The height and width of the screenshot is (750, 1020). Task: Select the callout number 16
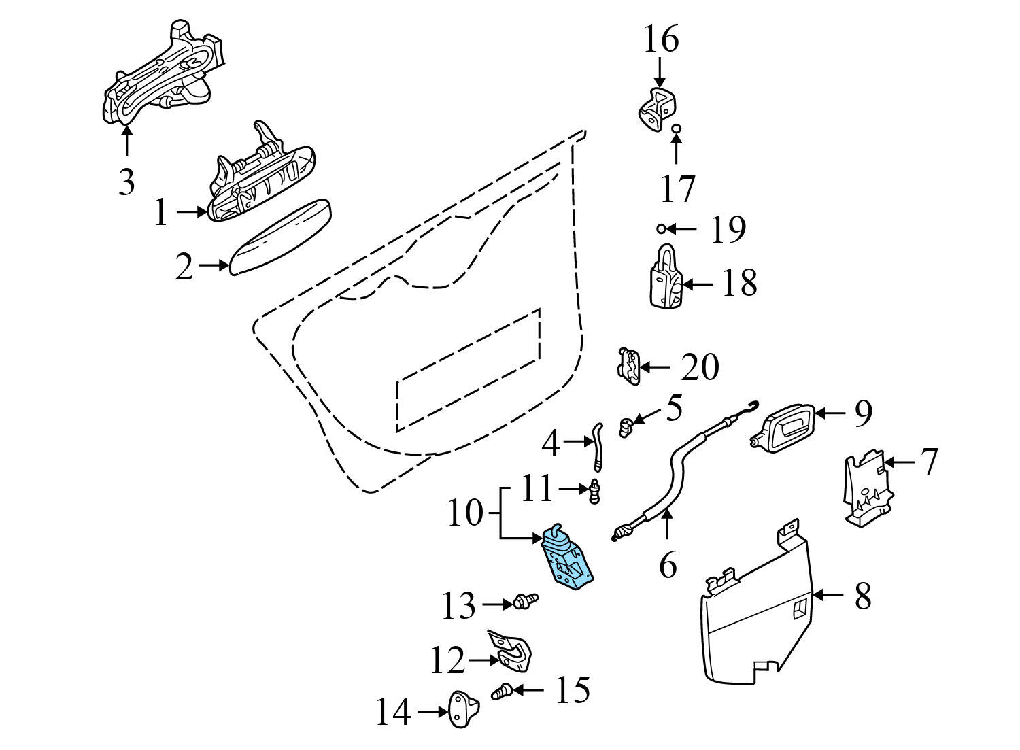pos(661,39)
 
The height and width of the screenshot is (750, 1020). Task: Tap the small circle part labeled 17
pos(676,129)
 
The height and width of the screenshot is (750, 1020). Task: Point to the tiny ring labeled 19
pos(660,228)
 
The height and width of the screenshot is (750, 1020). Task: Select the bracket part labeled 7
pos(866,490)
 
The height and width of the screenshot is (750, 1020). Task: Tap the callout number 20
pos(700,367)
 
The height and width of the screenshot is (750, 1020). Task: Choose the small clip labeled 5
pos(626,427)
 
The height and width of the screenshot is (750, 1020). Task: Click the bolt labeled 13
pos(526,601)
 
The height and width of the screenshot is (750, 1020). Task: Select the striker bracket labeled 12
pos(513,651)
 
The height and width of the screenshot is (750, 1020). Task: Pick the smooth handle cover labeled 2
pos(280,236)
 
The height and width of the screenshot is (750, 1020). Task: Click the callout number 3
pos(126,182)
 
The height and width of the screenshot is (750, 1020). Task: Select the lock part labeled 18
pos(664,279)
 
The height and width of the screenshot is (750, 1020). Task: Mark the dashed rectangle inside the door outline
pos(468,371)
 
